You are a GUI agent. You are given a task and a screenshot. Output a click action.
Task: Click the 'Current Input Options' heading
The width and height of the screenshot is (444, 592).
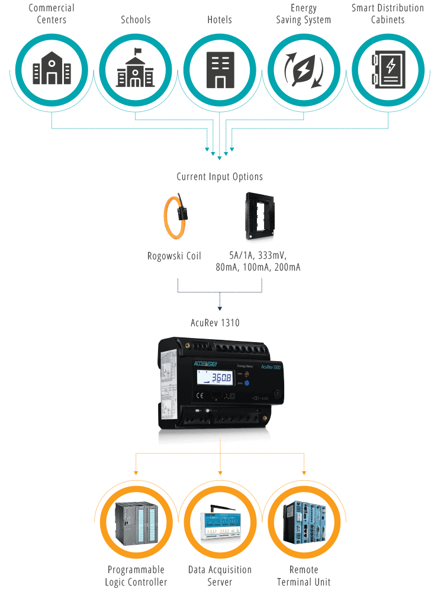click(x=220, y=176)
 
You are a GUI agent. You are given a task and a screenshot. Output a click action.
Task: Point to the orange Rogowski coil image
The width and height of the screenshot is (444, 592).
click(x=175, y=219)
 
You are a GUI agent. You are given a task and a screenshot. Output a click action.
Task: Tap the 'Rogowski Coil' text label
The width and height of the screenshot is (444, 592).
click(x=174, y=256)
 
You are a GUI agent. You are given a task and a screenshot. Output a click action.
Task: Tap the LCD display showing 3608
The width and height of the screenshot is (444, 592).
click(x=217, y=378)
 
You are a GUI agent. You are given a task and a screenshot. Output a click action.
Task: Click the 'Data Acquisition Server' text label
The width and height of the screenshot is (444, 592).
click(x=220, y=575)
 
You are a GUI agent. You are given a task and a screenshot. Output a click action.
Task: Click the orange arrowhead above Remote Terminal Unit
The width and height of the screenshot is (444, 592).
click(x=304, y=472)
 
